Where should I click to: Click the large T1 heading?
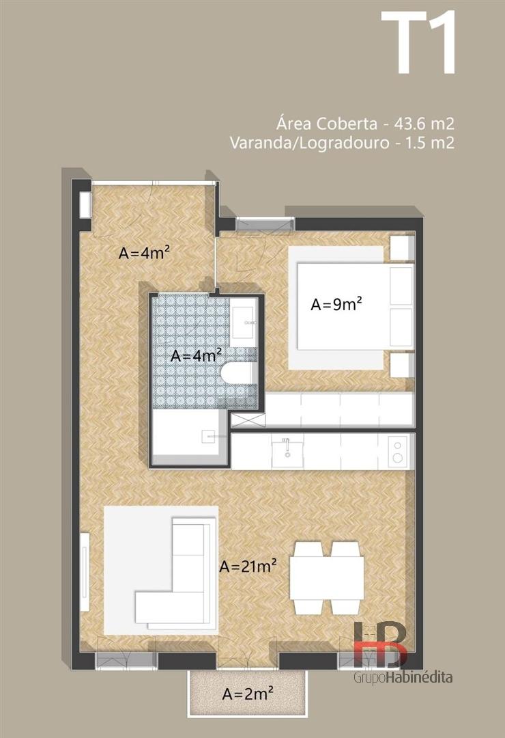418,43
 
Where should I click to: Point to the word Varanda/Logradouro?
309,143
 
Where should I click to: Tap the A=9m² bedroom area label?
336,304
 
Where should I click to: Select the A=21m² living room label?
248,566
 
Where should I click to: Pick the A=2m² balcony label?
248,694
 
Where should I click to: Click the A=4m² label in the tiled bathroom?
196,355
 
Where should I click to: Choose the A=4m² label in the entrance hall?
144,253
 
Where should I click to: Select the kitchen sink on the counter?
287,451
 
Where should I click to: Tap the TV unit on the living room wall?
85,571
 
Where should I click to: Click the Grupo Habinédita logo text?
403,677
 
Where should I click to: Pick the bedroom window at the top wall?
265,225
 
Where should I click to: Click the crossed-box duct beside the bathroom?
248,420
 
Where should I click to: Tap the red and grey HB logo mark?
380,644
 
